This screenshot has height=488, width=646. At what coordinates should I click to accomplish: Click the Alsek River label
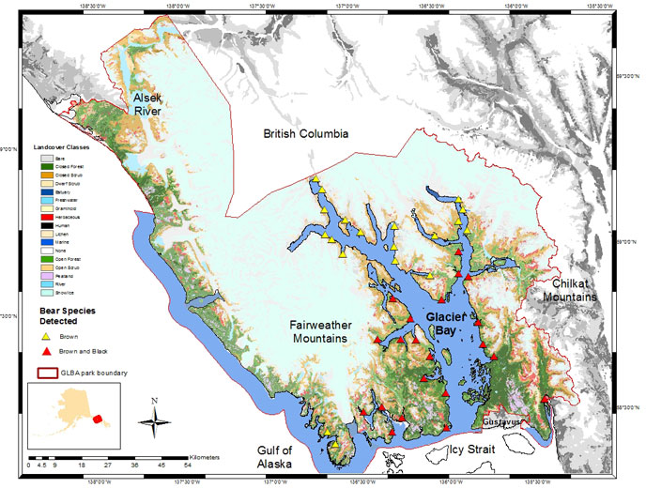tap(146, 105)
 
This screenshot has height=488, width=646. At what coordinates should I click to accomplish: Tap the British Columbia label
tap(306, 134)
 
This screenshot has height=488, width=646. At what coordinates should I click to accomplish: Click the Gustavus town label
tap(500, 423)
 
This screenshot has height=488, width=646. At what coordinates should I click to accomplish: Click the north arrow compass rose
tap(154, 416)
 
